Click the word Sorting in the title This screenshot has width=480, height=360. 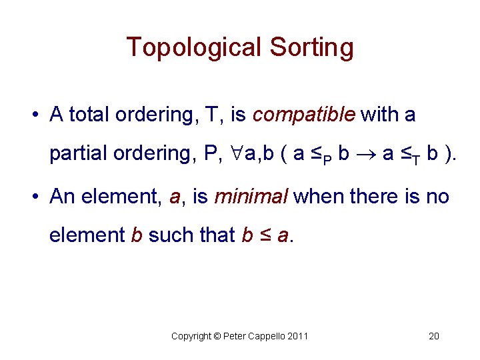coord(311,48)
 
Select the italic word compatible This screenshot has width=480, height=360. coord(303,115)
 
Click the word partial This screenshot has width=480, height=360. coord(77,153)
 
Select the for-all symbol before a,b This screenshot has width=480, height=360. coord(237,153)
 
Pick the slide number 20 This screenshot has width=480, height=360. coord(433,336)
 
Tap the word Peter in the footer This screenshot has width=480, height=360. coord(233,336)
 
